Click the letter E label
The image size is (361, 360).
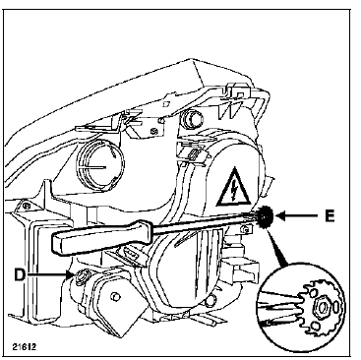coord(330,216)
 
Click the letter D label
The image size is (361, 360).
coord(20,274)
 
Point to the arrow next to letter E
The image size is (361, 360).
coord(297,215)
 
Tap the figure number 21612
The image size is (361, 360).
coord(25,346)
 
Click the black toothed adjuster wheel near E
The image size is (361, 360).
coord(267,216)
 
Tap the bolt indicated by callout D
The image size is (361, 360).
coord(80,276)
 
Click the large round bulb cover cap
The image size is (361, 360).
coord(100,166)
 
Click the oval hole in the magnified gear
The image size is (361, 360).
coord(337,308)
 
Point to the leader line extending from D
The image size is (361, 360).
coord(48,274)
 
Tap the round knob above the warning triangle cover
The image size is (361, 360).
coord(190,118)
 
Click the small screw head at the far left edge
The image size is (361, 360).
coord(25,207)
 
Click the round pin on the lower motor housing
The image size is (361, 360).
coord(115,295)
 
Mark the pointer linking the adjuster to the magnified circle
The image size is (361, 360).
coord(277,247)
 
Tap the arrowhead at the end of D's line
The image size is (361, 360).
coord(72,274)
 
